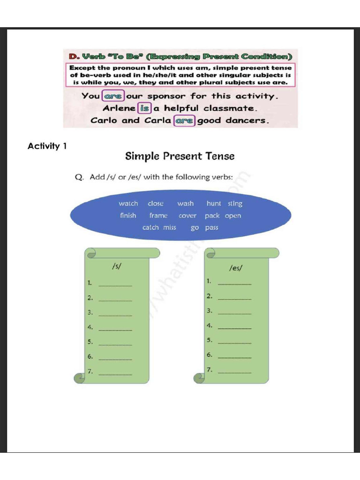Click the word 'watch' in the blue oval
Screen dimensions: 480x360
point(128,203)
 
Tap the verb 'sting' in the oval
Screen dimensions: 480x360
point(235,203)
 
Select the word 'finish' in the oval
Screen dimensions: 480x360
point(128,216)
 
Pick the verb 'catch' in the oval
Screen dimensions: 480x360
point(150,227)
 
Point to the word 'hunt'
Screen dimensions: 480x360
point(214,203)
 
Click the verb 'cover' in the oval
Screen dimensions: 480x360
point(187,216)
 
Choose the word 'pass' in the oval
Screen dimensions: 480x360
point(211,227)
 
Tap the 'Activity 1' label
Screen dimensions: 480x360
point(47,146)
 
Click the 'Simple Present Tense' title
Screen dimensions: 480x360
point(180,156)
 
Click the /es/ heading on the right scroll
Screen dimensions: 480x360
point(236,268)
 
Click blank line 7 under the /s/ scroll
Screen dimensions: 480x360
point(116,374)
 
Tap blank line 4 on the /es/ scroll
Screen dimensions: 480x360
point(235,327)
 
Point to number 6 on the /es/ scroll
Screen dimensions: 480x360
point(210,355)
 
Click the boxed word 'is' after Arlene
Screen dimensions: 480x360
point(145,108)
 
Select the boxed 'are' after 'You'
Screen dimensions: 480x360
point(113,96)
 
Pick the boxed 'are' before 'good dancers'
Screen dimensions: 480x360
point(184,120)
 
